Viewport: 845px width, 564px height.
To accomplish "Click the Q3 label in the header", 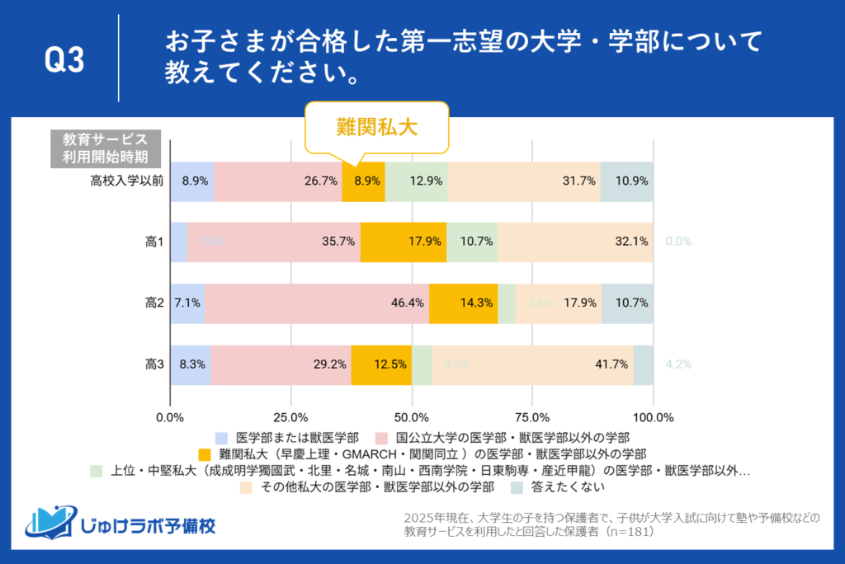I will [x=64, y=61].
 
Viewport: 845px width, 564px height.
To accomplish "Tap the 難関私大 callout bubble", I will [x=377, y=127].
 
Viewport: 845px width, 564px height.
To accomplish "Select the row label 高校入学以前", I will [x=126, y=180].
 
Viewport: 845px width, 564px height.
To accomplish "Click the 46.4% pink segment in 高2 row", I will [x=317, y=303].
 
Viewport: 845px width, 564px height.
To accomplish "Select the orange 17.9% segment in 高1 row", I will [x=404, y=242].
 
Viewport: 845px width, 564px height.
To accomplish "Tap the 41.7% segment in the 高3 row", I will [x=532, y=365].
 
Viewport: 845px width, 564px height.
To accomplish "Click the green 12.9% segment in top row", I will [x=416, y=180].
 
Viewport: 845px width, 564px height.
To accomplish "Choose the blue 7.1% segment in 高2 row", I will [x=187, y=303].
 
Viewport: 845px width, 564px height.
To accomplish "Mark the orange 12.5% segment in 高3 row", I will [x=381, y=365].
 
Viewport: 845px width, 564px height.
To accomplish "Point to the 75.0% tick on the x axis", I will [x=532, y=416].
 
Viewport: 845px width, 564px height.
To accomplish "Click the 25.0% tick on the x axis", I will [x=291, y=416].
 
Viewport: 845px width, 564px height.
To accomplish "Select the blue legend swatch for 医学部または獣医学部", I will [x=220, y=437].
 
